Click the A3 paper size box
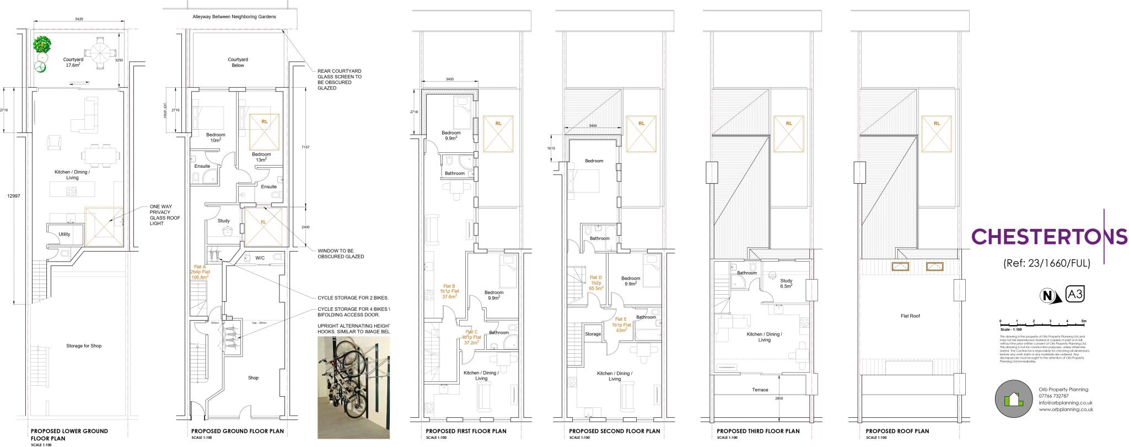pos(1076,294)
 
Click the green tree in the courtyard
pos(42,44)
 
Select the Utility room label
pos(64,234)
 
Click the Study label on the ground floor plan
pos(223,221)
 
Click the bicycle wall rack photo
pos(353,387)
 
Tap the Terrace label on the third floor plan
pos(760,390)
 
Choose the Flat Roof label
pos(910,316)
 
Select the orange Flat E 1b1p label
pos(620,324)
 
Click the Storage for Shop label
pos(84,346)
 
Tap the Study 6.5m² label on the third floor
pos(786,284)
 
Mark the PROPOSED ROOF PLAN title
pos(897,431)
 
